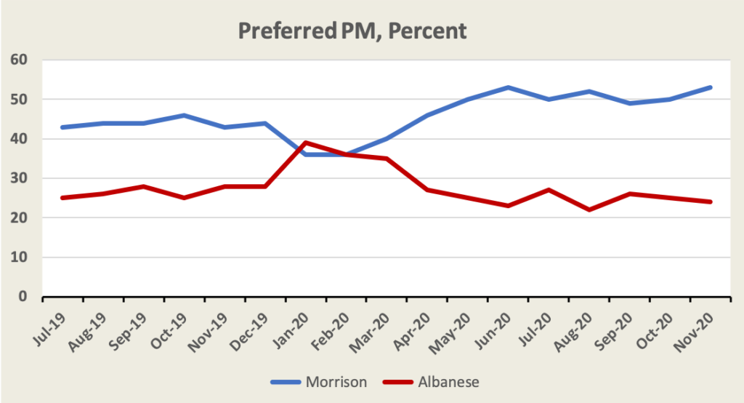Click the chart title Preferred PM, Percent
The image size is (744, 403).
pyautogui.click(x=352, y=31)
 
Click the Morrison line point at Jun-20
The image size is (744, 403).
pyautogui.click(x=508, y=87)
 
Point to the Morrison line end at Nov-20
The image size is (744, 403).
pyautogui.click(x=711, y=87)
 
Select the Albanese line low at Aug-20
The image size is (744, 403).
pyautogui.click(x=589, y=210)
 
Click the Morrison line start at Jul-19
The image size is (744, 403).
pyautogui.click(x=63, y=127)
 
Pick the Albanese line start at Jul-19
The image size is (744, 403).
pyautogui.click(x=63, y=198)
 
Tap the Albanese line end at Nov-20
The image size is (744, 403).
pyautogui.click(x=711, y=201)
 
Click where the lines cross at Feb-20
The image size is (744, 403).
pyautogui.click(x=346, y=154)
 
